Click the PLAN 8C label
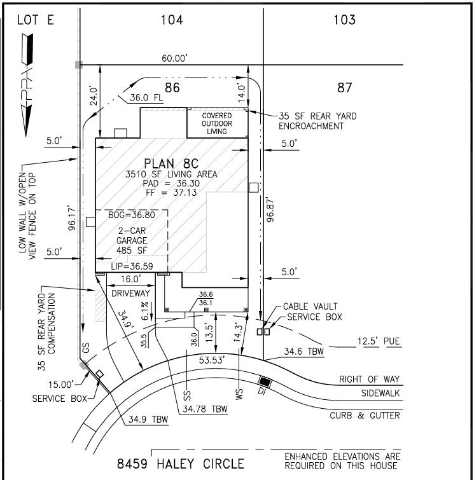tap(171, 163)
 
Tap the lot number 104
tap(172, 20)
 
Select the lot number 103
tap(344, 20)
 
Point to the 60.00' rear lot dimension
tap(174, 58)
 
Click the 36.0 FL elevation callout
tap(146, 98)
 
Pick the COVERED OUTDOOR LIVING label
tap(217, 123)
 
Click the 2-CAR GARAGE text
tap(132, 235)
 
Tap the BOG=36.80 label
tap(132, 215)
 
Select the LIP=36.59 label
tap(132, 266)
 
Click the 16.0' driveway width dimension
tap(130, 279)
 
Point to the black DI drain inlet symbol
tap(265, 381)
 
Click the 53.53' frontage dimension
tap(212, 360)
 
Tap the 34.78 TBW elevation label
tap(205, 409)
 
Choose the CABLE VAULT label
tap(310, 306)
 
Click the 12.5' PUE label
tap(379, 341)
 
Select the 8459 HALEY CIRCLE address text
tap(181, 463)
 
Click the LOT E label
tap(36, 20)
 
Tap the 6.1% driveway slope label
tap(144, 311)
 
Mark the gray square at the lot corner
tap(79, 65)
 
